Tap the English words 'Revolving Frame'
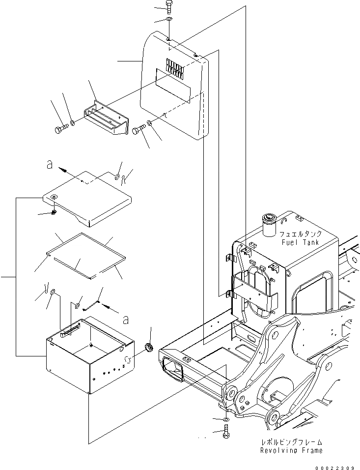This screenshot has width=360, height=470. click(292, 450)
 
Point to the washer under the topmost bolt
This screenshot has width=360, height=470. click(169, 19)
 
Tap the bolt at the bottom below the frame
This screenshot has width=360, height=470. click(225, 434)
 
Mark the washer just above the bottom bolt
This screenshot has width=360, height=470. click(225, 419)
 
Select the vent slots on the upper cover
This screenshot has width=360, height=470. click(174, 67)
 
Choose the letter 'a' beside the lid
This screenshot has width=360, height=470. click(48, 165)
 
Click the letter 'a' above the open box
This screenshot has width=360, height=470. click(126, 320)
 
